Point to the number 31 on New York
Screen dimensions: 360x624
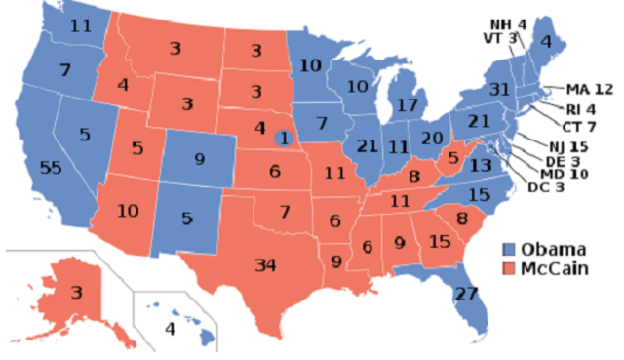(500, 89)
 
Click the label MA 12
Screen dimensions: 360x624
(590, 90)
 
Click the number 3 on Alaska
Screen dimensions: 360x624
(76, 292)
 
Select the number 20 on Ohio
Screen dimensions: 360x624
(432, 137)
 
